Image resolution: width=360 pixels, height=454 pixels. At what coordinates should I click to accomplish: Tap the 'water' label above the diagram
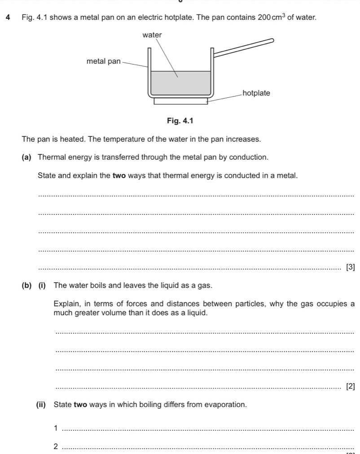tap(152, 35)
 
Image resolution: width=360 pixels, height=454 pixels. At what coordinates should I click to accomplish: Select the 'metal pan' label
tap(103, 61)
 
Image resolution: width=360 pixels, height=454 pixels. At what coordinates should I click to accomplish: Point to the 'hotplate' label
tap(256, 93)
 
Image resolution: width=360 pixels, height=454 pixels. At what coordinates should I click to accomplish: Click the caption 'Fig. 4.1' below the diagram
tap(179, 121)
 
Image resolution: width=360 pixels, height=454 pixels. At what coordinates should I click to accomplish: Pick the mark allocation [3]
tap(351, 267)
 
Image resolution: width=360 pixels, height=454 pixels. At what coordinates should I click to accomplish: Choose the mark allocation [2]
tap(351, 386)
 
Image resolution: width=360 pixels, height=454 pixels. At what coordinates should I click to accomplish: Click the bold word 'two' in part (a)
tap(119, 175)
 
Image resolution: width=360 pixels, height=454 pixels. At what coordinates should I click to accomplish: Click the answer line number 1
tap(56, 428)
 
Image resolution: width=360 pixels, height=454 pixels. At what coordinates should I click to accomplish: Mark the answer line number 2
tap(56, 446)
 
